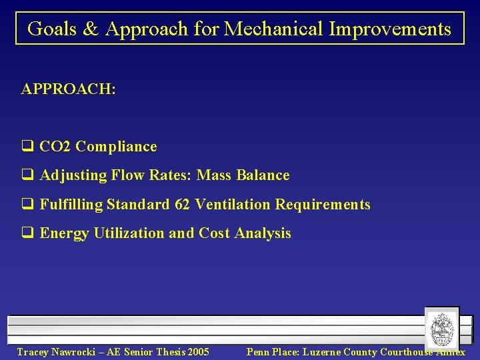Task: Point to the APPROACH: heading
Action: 68,89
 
